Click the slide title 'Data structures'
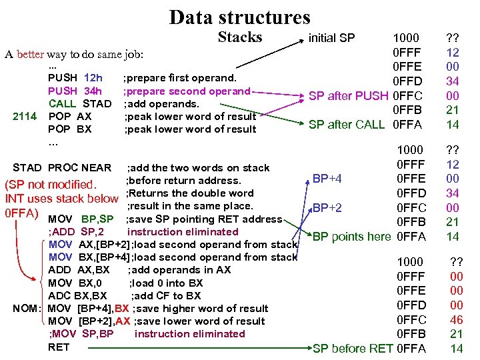click(239, 17)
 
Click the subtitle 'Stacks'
click(240, 37)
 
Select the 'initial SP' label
click(331, 38)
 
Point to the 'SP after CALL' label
click(347, 124)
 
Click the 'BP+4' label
click(327, 178)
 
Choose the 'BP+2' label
click(327, 208)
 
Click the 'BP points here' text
click(352, 237)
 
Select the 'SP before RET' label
click(353, 348)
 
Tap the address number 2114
click(25, 117)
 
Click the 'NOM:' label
click(28, 309)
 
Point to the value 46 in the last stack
click(456, 320)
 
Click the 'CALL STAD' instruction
click(79, 104)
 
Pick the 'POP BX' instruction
click(70, 129)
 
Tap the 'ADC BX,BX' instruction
click(77, 295)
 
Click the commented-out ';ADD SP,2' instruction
click(75, 232)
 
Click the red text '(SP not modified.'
click(51, 185)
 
